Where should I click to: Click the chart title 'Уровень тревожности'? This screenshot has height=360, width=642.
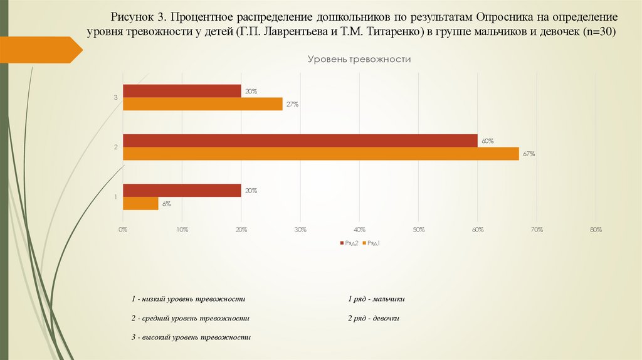pyautogui.click(x=359, y=59)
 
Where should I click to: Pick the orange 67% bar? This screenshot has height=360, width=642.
pyautogui.click(x=320, y=154)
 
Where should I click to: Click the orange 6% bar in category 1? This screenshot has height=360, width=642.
pyautogui.click(x=140, y=203)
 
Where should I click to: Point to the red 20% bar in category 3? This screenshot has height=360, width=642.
pyautogui.click(x=182, y=91)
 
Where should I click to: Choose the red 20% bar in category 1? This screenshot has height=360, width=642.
pyautogui.click(x=182, y=190)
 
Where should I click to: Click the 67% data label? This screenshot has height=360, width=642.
pyautogui.click(x=529, y=154)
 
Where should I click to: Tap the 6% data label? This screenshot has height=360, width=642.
pyautogui.click(x=167, y=203)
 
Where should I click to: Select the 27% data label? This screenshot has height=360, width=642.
pyautogui.click(x=292, y=104)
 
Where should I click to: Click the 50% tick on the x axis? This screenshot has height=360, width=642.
pyautogui.click(x=418, y=230)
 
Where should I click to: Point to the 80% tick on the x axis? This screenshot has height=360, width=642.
pyautogui.click(x=596, y=230)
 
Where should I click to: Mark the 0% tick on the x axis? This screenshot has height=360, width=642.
pyautogui.click(x=123, y=230)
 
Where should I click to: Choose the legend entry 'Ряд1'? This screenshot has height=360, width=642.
pyautogui.click(x=373, y=243)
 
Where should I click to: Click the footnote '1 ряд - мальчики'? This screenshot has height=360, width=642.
pyautogui.click(x=376, y=299)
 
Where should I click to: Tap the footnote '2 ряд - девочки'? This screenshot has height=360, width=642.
pyautogui.click(x=374, y=319)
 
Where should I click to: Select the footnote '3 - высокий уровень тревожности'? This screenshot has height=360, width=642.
pyautogui.click(x=191, y=337)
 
